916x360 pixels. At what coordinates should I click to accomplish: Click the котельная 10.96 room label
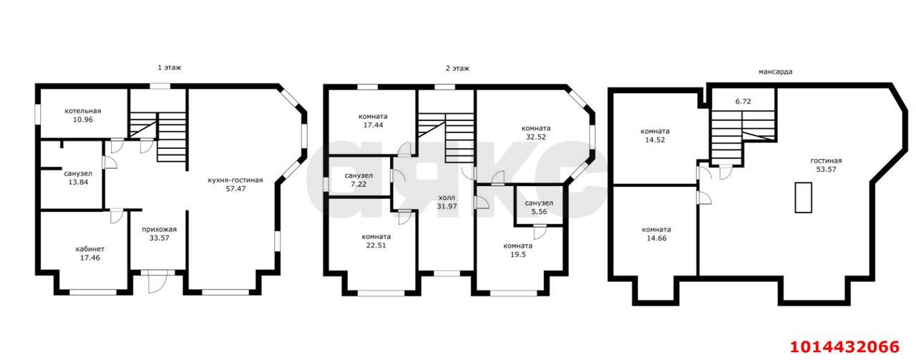click(x=82, y=115)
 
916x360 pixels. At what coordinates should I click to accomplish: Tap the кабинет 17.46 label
click(x=90, y=253)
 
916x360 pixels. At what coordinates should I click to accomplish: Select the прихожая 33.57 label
click(x=159, y=233)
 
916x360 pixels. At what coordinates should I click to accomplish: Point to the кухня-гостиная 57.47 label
click(x=235, y=184)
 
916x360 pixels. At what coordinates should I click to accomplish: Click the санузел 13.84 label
click(x=78, y=178)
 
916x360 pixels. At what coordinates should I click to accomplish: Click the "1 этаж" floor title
click(x=170, y=67)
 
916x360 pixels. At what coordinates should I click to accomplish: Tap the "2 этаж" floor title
click(x=457, y=68)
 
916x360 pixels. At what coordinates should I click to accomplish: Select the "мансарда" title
click(x=775, y=72)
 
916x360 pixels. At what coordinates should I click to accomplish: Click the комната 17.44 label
click(x=373, y=121)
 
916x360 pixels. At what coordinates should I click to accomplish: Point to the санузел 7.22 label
click(x=359, y=180)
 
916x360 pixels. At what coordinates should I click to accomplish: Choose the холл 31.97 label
click(x=447, y=202)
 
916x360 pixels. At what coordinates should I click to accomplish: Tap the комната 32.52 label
click(x=536, y=132)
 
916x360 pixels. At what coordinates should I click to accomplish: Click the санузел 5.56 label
click(x=539, y=207)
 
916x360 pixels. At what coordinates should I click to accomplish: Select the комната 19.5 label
click(x=517, y=250)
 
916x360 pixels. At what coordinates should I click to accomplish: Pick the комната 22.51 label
click(x=376, y=241)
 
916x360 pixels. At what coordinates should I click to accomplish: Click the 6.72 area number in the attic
click(x=743, y=102)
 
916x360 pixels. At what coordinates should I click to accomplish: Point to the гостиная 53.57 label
click(x=826, y=165)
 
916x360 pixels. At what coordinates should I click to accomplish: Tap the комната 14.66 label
click(x=656, y=233)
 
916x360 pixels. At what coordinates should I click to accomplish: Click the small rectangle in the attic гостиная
click(x=803, y=198)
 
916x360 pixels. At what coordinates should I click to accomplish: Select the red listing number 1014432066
click(x=845, y=347)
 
